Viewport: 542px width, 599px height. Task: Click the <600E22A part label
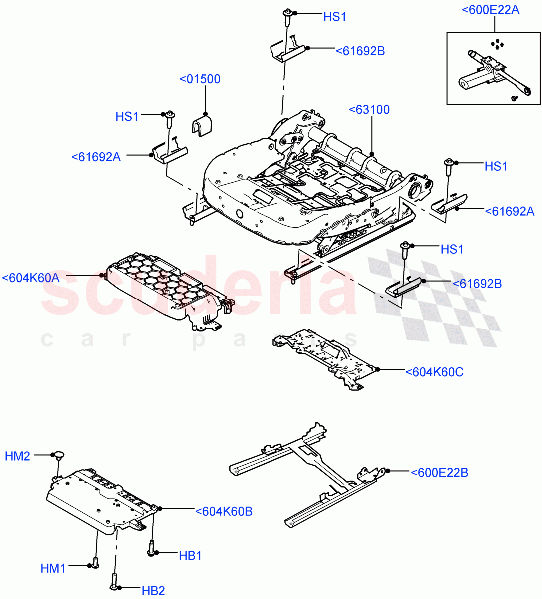point(491,9)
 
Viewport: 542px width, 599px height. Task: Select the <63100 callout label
point(369,110)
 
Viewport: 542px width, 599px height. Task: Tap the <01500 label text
point(200,79)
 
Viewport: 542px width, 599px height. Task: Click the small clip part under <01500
point(202,125)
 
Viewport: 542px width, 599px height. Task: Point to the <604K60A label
point(31,278)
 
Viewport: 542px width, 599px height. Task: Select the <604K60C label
point(434,372)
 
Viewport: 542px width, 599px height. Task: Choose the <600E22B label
point(439,472)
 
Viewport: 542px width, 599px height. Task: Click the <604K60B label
point(224,511)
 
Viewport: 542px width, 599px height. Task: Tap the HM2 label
point(18,456)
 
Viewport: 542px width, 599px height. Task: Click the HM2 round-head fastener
point(60,455)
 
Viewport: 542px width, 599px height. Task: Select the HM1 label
point(53,568)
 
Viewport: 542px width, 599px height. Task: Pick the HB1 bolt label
point(190,555)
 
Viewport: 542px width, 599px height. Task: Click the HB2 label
point(153,591)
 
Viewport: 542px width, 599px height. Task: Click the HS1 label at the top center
point(335,17)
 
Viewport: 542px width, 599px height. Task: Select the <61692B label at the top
point(360,51)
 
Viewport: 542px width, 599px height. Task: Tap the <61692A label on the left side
point(96,157)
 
